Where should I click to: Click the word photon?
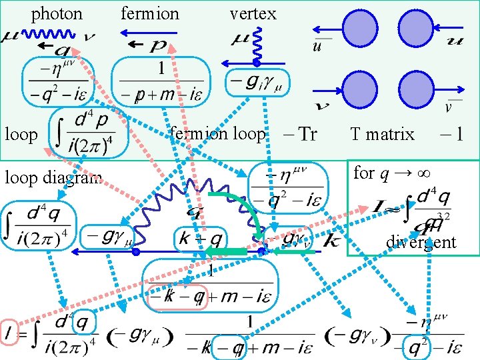(x=57, y=13)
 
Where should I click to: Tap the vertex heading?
(x=253, y=13)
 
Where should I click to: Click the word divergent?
(x=421, y=241)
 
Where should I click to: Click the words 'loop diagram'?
(x=52, y=178)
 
